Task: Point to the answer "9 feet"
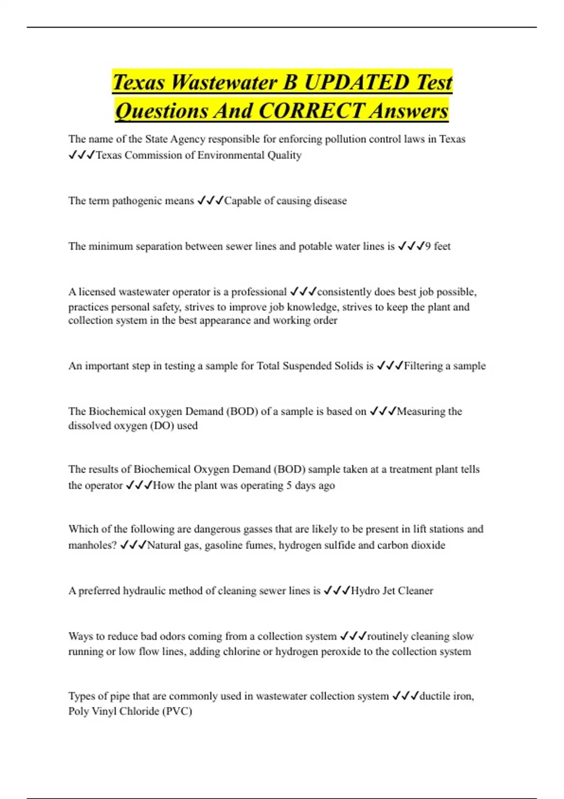[438, 246]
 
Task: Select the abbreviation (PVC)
[177, 711]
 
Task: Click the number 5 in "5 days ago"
[289, 486]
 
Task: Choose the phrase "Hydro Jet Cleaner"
[392, 591]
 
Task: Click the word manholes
[92, 545]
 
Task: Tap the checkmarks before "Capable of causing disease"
[210, 201]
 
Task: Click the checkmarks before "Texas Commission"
[82, 155]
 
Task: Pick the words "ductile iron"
[446, 696]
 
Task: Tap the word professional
[259, 292]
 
